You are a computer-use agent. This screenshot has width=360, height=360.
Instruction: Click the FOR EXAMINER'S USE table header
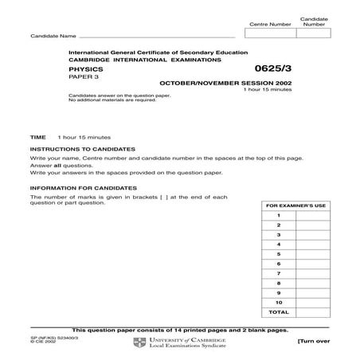tap(295, 205)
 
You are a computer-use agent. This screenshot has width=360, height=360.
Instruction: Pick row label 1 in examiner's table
tap(279, 216)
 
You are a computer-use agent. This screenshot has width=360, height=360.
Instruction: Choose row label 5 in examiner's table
tap(279, 263)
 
